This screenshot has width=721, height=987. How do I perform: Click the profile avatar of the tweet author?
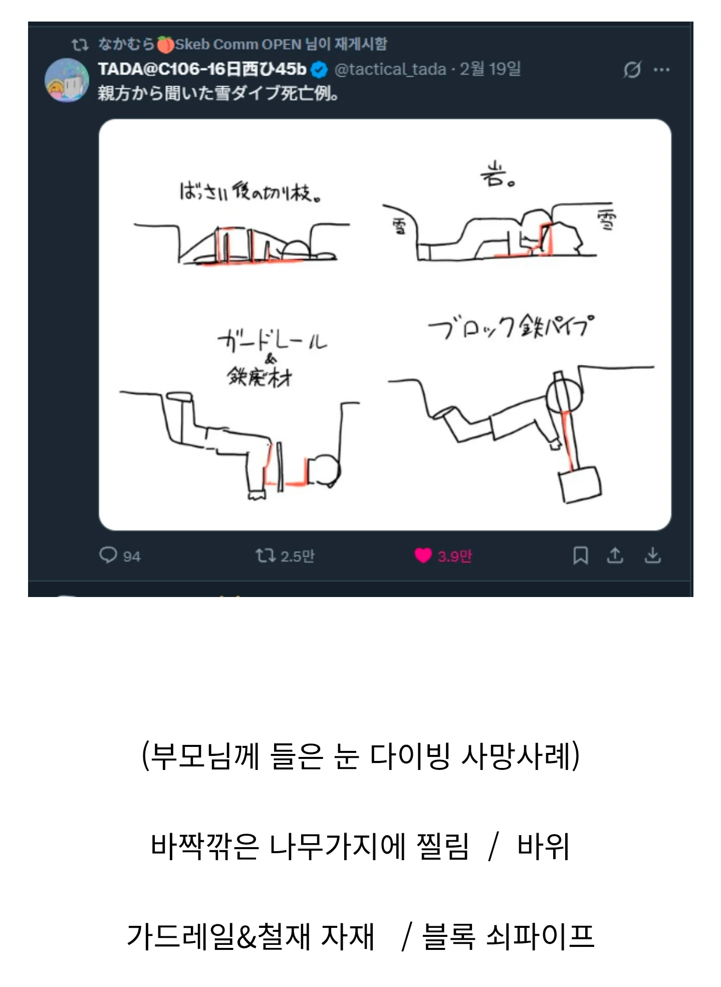click(67, 81)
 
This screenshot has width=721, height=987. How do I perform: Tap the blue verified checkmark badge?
click(319, 70)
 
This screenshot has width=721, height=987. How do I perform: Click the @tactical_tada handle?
click(390, 69)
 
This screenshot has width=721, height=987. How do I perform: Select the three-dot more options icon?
click(661, 70)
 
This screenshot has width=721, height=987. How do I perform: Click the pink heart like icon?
click(423, 555)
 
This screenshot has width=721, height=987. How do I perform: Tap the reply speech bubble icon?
click(108, 555)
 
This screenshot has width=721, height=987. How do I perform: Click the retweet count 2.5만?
click(297, 556)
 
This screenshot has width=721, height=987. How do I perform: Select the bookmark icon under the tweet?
click(580, 555)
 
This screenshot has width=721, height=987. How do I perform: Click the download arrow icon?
click(652, 555)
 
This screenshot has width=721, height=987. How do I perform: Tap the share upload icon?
click(615, 555)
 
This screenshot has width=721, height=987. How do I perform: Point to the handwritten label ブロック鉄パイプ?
click(511, 326)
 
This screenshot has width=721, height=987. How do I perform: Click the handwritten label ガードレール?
click(272, 341)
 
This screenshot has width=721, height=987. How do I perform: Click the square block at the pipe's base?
click(580, 484)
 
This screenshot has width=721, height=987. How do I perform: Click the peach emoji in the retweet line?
click(165, 45)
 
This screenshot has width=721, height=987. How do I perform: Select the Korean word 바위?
click(543, 846)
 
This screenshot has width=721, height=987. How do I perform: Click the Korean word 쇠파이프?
click(540, 936)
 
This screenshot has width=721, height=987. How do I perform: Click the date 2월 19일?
click(490, 69)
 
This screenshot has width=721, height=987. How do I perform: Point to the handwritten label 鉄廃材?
click(260, 376)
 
